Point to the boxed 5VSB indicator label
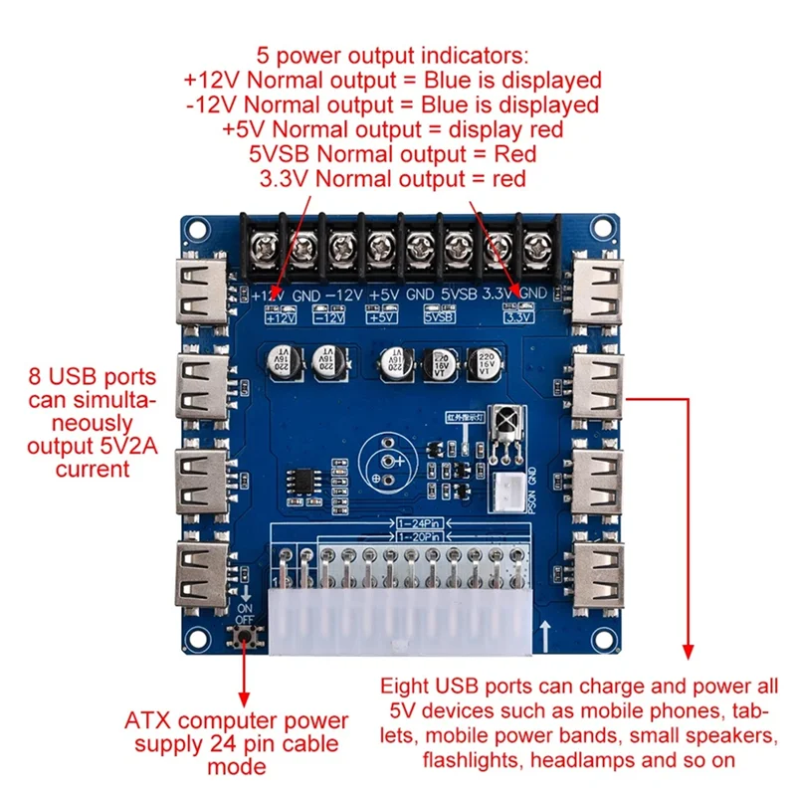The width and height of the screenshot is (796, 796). coord(439,318)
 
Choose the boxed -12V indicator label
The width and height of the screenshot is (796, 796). coord(328,318)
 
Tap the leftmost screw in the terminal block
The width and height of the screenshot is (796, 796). coord(265,242)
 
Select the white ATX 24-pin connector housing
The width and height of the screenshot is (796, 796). coord(398,617)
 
